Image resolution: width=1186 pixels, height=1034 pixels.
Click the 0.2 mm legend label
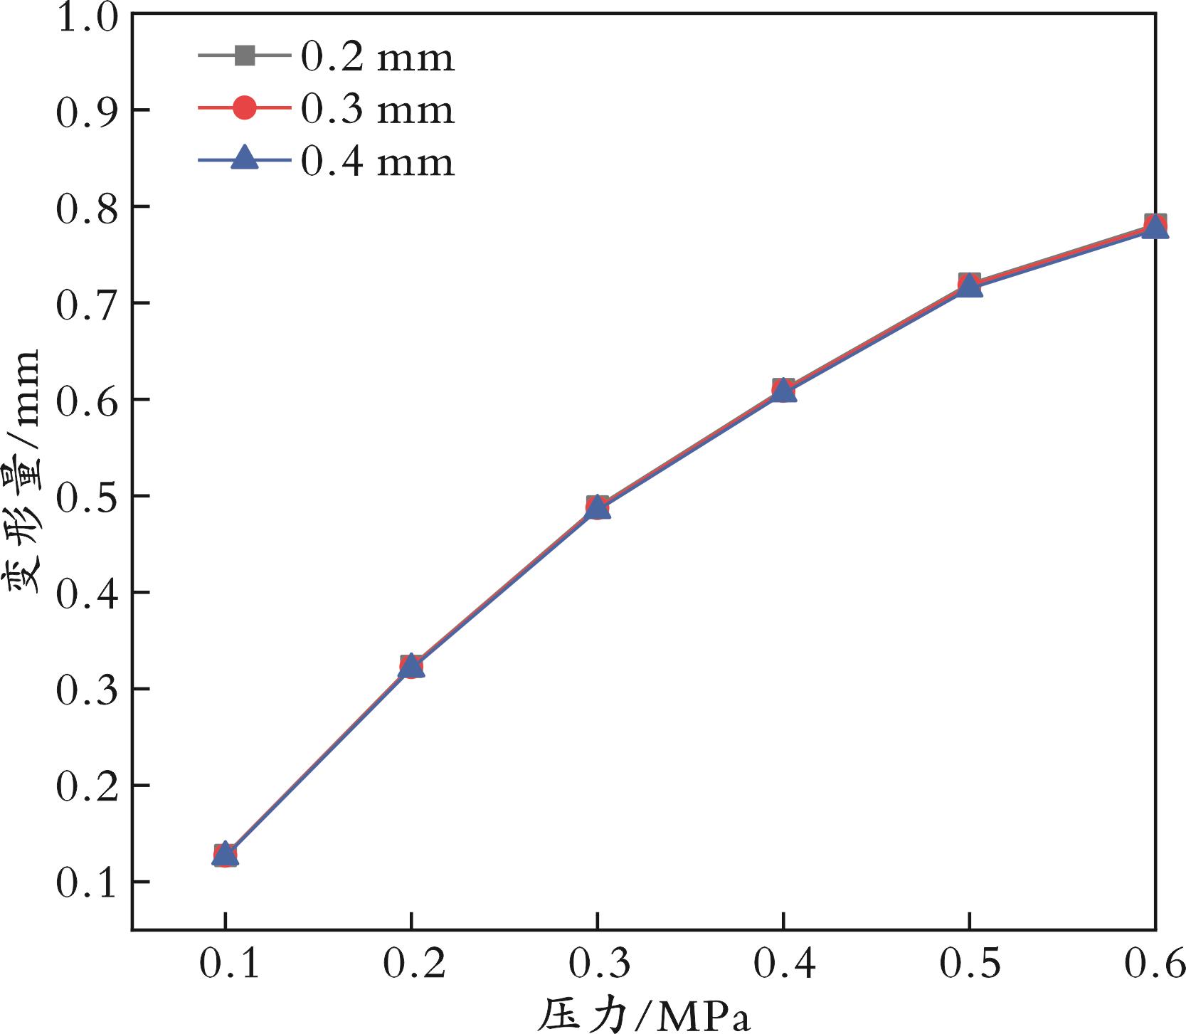pyautogui.click(x=377, y=57)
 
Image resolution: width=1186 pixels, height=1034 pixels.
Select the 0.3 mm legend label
pyautogui.click(x=377, y=110)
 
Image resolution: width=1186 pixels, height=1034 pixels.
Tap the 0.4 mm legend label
pyautogui.click(x=377, y=162)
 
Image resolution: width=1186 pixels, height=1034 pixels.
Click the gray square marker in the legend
pyautogui.click(x=245, y=56)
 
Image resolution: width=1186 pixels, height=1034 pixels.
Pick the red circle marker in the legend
pyautogui.click(x=245, y=108)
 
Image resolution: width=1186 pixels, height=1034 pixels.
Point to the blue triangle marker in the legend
pyautogui.click(x=245, y=158)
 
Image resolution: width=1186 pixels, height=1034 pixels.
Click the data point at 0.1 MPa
pyautogui.click(x=225, y=855)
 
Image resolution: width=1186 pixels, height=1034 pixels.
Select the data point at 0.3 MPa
pyautogui.click(x=598, y=507)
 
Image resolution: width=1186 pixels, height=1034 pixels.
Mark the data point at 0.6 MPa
pyautogui.click(x=1155, y=226)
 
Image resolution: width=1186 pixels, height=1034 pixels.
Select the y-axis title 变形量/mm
pyautogui.click(x=26, y=473)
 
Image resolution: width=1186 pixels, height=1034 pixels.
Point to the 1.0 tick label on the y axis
pyautogui.click(x=85, y=17)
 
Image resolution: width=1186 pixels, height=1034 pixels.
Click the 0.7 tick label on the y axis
pyautogui.click(x=85, y=303)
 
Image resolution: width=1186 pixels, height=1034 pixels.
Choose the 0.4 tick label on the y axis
pyautogui.click(x=85, y=593)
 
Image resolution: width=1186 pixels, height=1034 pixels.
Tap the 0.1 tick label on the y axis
pyautogui.click(x=85, y=882)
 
